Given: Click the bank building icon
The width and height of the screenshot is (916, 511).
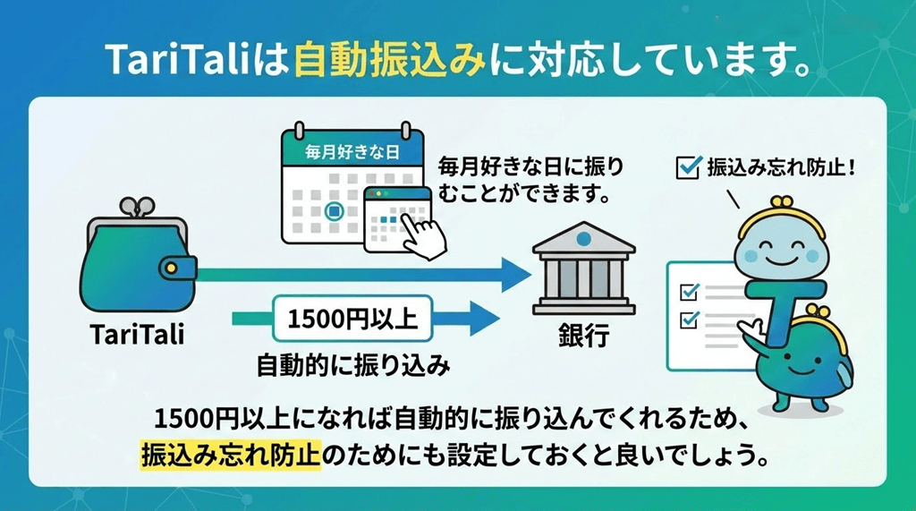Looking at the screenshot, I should (582, 268).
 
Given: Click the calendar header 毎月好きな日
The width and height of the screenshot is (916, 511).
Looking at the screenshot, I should (351, 152).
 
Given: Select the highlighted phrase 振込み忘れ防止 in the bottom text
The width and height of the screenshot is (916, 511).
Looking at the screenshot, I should (229, 454).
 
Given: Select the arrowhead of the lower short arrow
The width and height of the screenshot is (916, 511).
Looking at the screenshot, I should (483, 317).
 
